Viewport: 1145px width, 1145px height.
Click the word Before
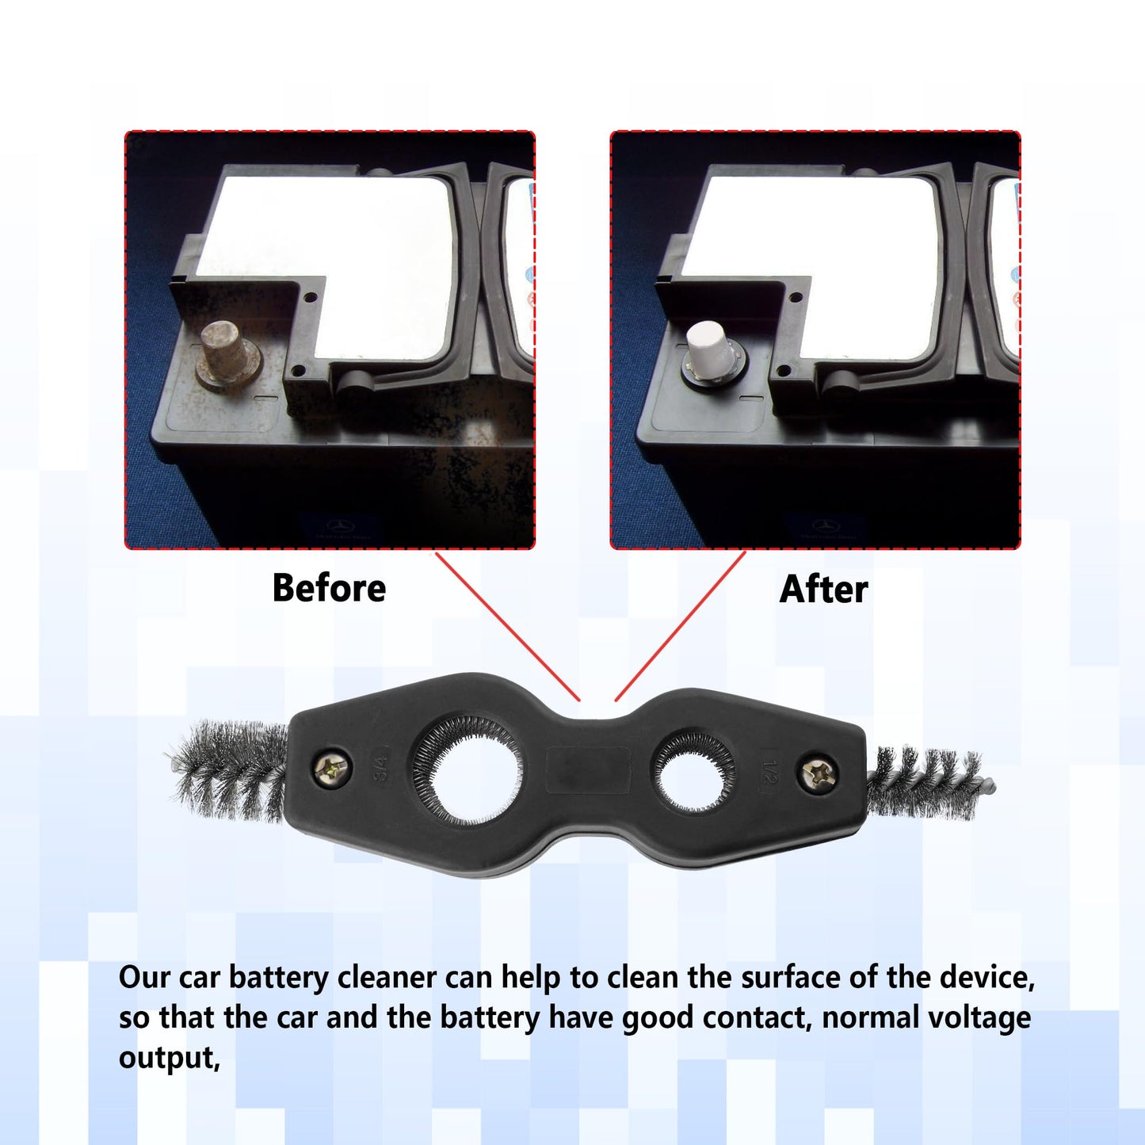329,588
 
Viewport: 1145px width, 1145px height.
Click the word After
823,590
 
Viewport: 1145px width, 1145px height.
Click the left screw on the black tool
333,768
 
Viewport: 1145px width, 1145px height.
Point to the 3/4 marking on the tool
381,768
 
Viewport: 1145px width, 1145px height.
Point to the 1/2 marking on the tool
769,771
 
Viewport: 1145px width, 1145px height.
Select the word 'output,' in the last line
169,1058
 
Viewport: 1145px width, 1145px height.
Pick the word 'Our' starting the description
144,978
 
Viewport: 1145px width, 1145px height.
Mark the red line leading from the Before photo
507,626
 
